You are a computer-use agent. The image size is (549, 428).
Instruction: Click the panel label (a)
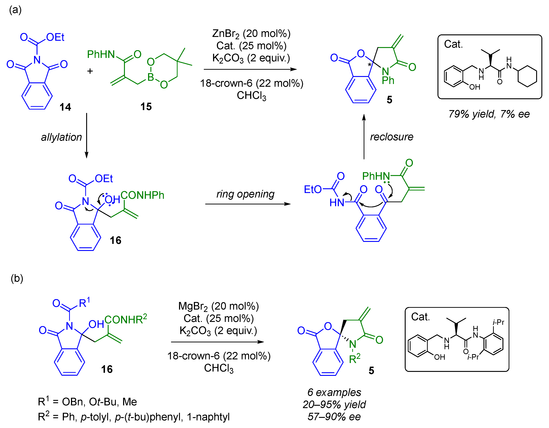pyautogui.click(x=15, y=10)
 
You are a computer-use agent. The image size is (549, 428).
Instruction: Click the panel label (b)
pyautogui.click(x=17, y=278)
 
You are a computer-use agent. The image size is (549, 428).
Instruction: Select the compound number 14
pyautogui.click(x=65, y=107)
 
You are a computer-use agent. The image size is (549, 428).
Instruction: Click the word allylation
pyautogui.click(x=61, y=137)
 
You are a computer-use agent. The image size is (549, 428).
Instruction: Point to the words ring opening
pyautogui.click(x=245, y=194)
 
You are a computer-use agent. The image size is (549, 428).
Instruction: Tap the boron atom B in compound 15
pyautogui.click(x=151, y=77)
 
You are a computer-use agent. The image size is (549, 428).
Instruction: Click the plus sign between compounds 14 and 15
pyautogui.click(x=90, y=71)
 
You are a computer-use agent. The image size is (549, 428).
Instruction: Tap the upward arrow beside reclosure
pyautogui.click(x=364, y=137)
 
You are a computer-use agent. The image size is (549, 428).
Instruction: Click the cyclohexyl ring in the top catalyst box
pyautogui.click(x=527, y=76)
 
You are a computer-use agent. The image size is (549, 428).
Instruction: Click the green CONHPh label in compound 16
pyautogui.click(x=142, y=195)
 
